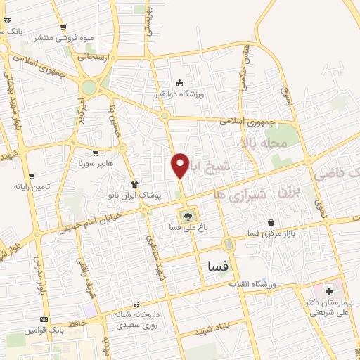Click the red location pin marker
pyautogui.click(x=179, y=165)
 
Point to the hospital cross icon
pyautogui.click(x=329, y=290)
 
